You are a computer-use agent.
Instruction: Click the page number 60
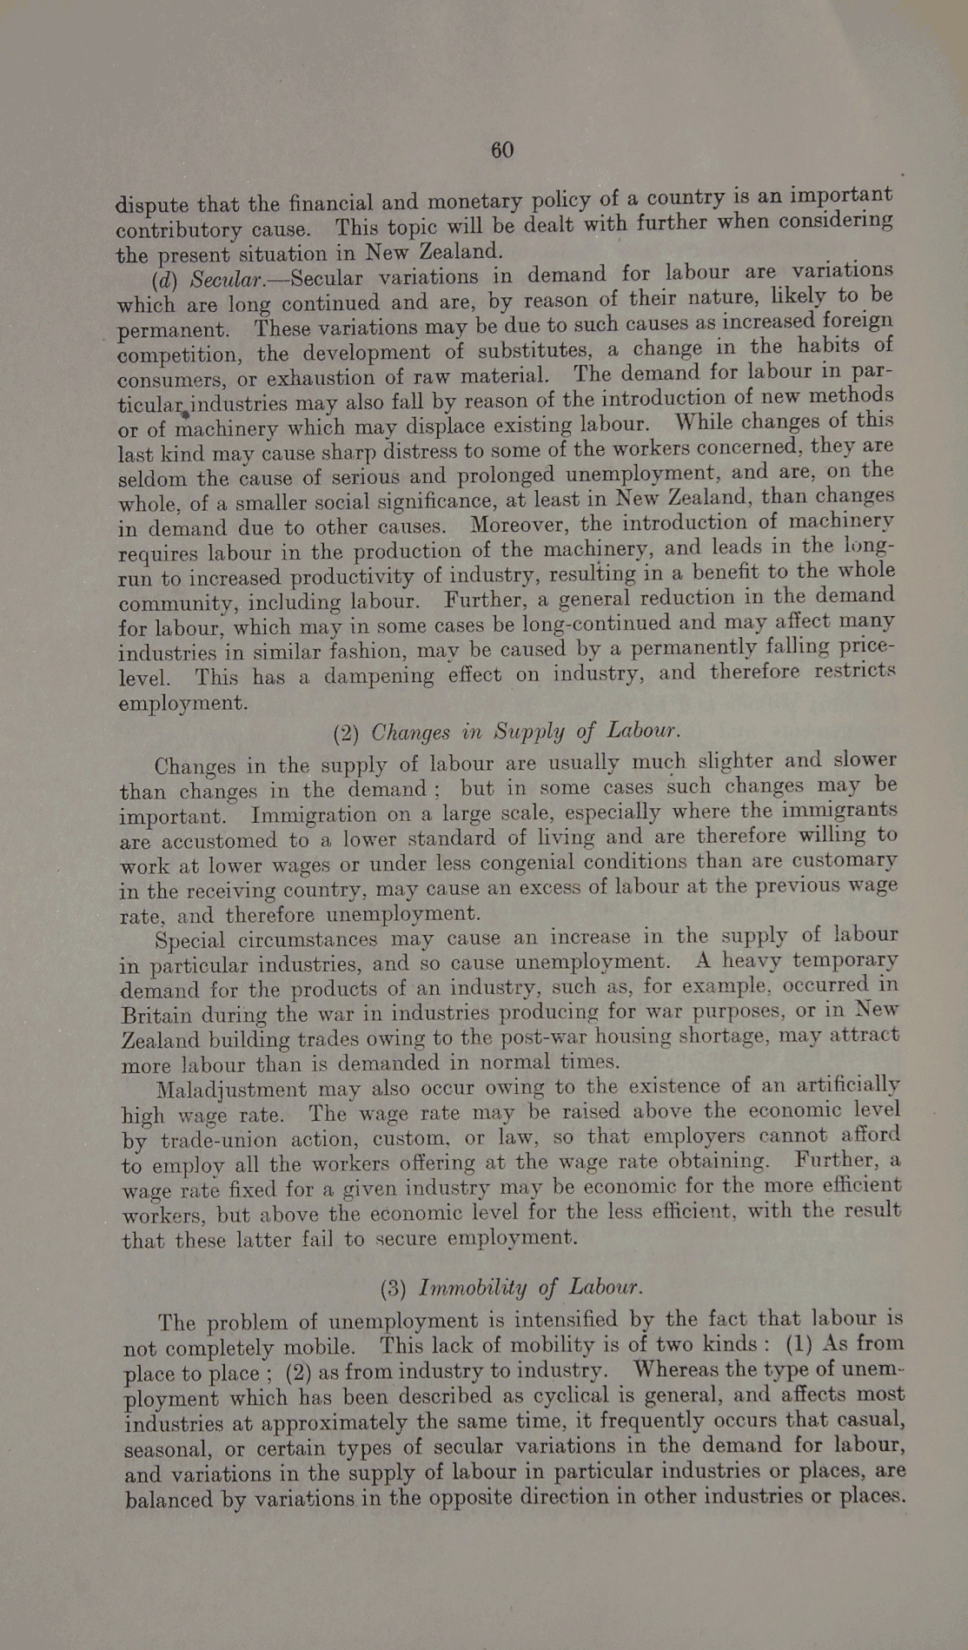502,149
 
